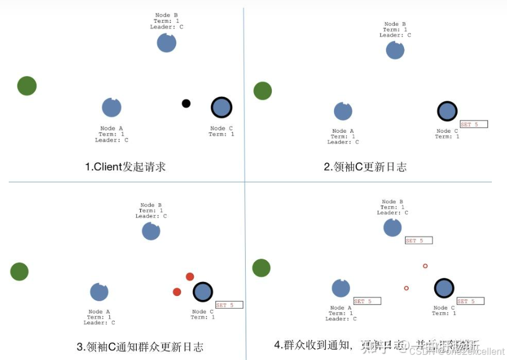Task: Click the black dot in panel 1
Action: (186, 104)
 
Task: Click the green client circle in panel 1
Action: (27, 86)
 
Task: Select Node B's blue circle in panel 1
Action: (166, 43)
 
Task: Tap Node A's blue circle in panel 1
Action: (112, 107)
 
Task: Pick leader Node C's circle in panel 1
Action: (221, 107)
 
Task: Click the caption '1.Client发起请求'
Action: (125, 167)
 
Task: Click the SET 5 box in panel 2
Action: (473, 125)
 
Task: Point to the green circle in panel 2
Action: (263, 91)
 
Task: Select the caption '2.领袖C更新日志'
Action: (365, 167)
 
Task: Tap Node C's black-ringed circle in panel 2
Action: (447, 111)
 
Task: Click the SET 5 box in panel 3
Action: (229, 305)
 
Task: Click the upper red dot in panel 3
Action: (190, 277)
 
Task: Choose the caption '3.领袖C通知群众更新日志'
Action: (140, 347)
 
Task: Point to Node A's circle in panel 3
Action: (100, 292)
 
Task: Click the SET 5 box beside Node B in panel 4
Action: (419, 241)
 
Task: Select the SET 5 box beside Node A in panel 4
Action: (367, 301)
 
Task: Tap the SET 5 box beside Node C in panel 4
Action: (470, 301)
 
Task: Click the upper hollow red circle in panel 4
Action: (425, 266)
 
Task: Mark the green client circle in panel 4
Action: (261, 268)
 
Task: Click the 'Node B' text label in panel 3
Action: (147, 205)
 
